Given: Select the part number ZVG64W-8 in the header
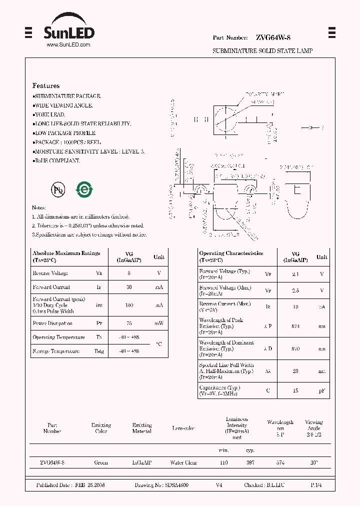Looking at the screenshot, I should pyautogui.click(x=272, y=37).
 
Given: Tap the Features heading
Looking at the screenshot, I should pyautogui.click(x=46, y=85).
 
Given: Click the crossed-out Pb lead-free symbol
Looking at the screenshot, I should pyautogui.click(x=58, y=189).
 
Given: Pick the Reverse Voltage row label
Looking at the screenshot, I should pyautogui.click(x=50, y=273).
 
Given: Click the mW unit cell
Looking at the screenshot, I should pyautogui.click(x=158, y=323).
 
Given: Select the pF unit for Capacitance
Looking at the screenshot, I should pyautogui.click(x=321, y=390).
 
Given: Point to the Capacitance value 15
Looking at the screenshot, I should pyautogui.click(x=295, y=390).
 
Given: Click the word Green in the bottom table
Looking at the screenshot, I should pyautogui.click(x=101, y=462).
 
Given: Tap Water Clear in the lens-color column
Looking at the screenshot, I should pyautogui.click(x=183, y=462).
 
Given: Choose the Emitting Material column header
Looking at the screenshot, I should pyautogui.click(x=142, y=428).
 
